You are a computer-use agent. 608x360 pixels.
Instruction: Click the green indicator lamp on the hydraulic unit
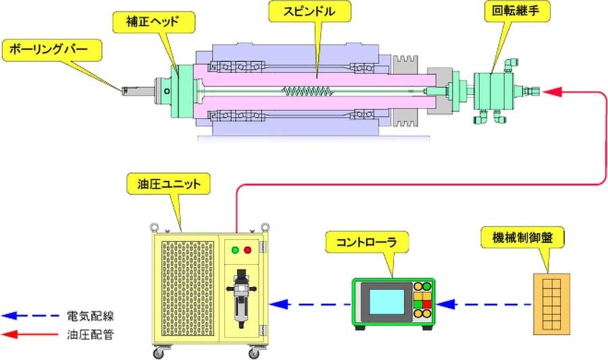[x=234, y=251]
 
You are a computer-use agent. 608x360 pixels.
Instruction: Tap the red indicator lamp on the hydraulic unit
[x=247, y=251]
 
